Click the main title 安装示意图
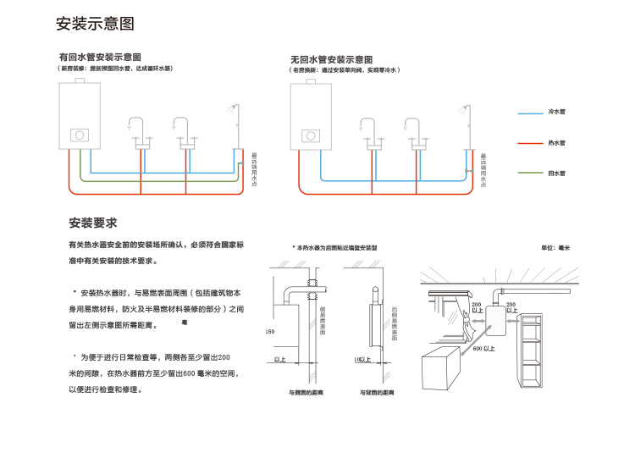95,24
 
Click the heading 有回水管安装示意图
98,57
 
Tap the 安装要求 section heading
92,223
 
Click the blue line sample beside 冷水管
530,112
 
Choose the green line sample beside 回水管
530,173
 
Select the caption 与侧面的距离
306,393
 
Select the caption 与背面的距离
377,393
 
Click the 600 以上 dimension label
483,348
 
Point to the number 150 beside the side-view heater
269,331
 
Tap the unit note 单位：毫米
555,247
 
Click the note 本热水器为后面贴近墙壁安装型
334,247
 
